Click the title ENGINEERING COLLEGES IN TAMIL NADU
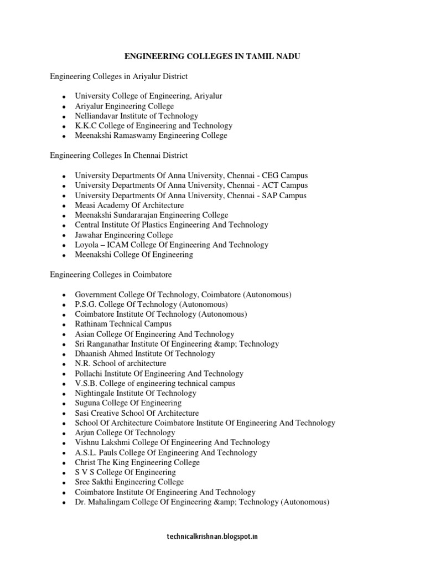[x=212, y=56]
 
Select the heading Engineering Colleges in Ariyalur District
[x=119, y=76]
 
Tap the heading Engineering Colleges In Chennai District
[x=118, y=156]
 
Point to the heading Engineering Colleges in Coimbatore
[x=111, y=275]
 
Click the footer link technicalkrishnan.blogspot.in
[x=212, y=536]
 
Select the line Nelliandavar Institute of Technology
[x=136, y=116]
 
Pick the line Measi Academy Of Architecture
[x=129, y=205]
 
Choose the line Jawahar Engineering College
[x=124, y=235]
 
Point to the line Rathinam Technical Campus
[x=123, y=324]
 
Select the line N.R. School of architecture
[x=121, y=363]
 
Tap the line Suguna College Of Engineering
[x=128, y=403]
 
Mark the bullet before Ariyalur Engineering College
[x=65, y=106]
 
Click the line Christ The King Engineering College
[x=137, y=462]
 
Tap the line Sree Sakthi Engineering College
[x=129, y=482]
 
